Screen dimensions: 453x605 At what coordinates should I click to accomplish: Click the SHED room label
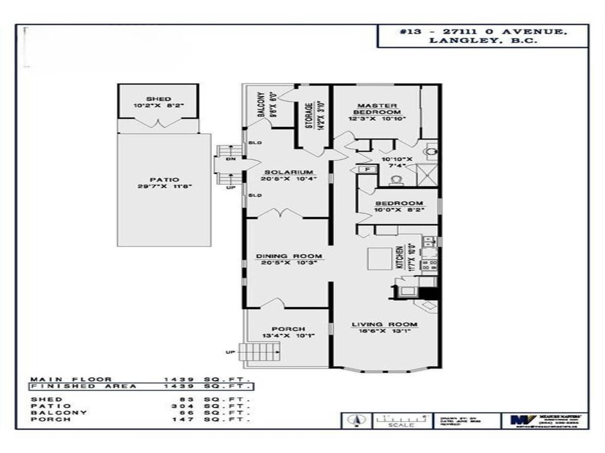pos(158,99)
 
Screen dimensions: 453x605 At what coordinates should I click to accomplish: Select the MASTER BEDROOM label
pos(377,109)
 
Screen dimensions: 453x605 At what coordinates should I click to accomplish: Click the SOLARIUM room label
pos(288,172)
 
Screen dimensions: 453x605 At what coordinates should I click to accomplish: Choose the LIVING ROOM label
pos(385,324)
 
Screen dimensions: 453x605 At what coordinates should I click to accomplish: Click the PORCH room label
pos(288,329)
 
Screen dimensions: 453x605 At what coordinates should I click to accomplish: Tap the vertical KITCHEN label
pos(400,257)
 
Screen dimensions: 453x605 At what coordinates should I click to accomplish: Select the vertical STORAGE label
pos(308,117)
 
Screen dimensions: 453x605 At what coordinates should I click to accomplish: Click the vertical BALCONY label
pos(260,106)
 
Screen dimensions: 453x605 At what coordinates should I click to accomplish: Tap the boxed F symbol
pos(367,169)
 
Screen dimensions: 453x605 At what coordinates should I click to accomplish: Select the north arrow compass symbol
pos(356,421)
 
